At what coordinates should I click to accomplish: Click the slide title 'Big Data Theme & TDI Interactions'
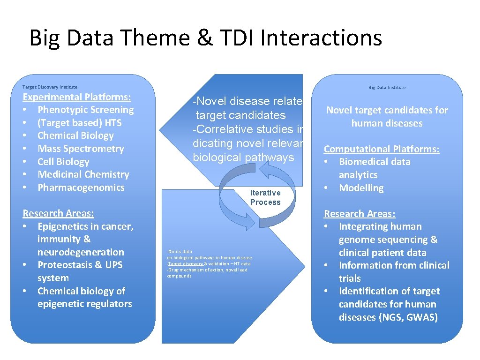(205, 38)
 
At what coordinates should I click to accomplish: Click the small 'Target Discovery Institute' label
(50, 87)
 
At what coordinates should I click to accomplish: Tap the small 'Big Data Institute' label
(387, 87)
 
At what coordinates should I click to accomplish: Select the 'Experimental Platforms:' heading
(77, 97)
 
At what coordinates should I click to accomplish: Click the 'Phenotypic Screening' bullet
(85, 110)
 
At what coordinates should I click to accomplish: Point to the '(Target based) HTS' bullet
(79, 123)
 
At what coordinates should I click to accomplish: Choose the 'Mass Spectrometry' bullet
(81, 149)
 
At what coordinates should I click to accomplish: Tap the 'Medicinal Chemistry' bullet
(83, 174)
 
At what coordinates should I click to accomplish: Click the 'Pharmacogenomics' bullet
(81, 187)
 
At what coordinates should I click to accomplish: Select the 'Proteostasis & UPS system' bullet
(80, 271)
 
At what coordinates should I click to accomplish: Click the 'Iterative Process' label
(265, 197)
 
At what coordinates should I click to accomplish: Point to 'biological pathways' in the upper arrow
(243, 157)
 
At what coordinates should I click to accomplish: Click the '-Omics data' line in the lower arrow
(180, 252)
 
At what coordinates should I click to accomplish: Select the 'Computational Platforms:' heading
(382, 149)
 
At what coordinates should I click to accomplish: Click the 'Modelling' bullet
(361, 188)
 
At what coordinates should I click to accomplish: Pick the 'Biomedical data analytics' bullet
(374, 168)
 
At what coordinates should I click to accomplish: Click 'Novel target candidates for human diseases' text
(387, 117)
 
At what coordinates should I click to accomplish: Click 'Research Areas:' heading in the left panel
(58, 213)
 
